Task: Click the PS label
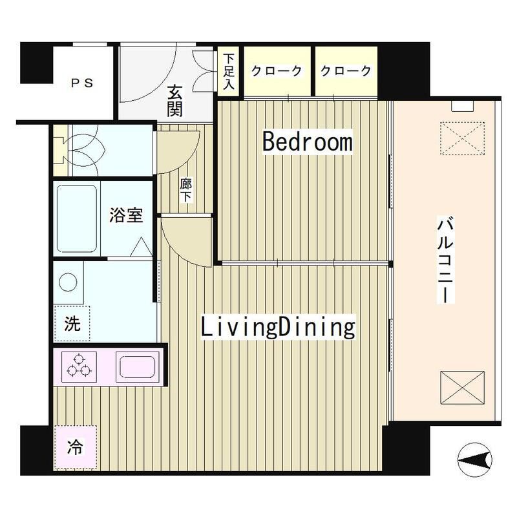82,83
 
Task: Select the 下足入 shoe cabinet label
228,70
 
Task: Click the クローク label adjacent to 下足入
277,71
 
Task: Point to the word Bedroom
307,142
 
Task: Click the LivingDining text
278,327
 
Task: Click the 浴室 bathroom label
126,216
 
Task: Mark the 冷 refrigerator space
76,446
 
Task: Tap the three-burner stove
79,366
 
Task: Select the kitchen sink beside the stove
136,366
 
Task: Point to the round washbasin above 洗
69,282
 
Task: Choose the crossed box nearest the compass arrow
461,388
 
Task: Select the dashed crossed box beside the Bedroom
461,137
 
